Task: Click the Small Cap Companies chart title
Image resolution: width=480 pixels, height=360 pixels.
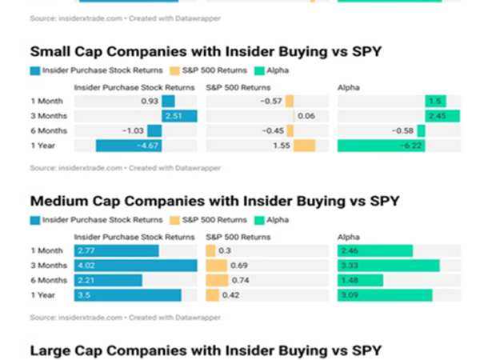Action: click(x=206, y=52)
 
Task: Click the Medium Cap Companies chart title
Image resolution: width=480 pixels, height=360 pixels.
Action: click(x=214, y=201)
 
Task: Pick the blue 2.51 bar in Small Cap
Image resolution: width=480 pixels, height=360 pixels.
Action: click(x=179, y=116)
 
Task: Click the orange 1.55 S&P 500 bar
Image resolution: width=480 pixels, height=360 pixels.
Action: click(x=304, y=146)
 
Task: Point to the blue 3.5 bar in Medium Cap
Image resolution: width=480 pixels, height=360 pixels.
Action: click(x=128, y=295)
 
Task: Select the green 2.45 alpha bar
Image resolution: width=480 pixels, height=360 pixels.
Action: click(x=442, y=116)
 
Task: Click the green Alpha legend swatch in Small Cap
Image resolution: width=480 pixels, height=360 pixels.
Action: click(x=260, y=70)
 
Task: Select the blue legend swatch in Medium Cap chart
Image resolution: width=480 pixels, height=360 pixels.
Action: click(x=36, y=220)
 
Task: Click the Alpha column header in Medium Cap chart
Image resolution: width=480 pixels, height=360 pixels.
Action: click(x=349, y=237)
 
